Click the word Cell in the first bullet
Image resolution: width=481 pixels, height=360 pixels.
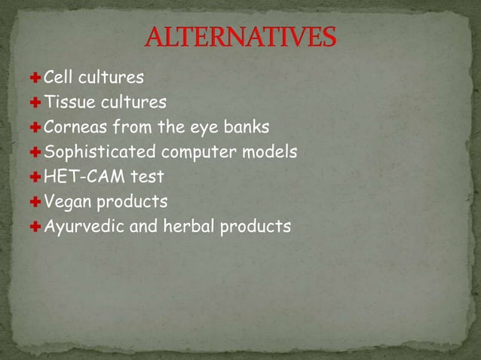(58, 77)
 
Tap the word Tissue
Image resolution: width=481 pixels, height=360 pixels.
(67, 102)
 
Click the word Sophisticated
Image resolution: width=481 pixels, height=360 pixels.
(100, 152)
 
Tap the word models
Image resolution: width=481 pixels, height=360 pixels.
(269, 151)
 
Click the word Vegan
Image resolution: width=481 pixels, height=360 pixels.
(66, 203)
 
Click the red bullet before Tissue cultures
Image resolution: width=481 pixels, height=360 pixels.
(35, 102)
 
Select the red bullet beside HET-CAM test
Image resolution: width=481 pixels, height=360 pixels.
(35, 178)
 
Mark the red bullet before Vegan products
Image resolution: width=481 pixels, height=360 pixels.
(35, 203)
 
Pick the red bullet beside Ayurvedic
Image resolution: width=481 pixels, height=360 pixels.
(35, 227)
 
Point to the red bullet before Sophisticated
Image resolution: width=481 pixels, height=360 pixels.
(35, 152)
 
